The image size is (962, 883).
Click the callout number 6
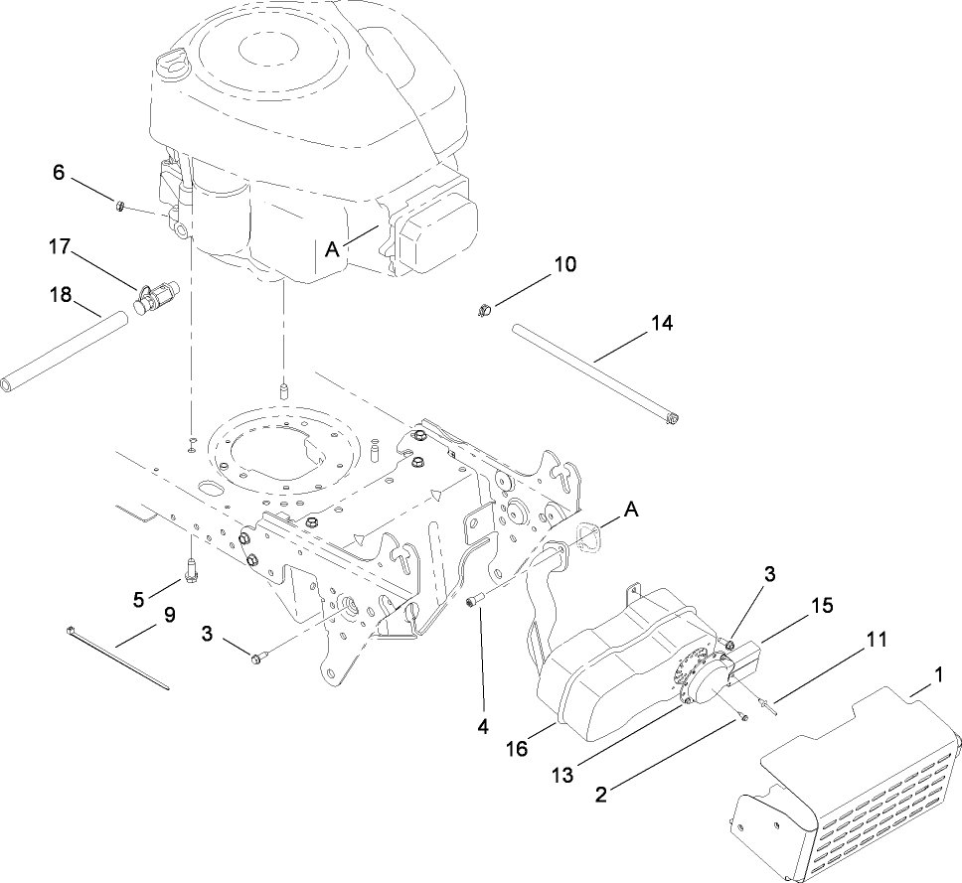(59, 172)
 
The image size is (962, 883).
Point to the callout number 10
(563, 264)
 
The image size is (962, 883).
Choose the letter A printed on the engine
(332, 251)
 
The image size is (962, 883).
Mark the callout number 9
(169, 615)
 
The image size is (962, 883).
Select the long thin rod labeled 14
(596, 375)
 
